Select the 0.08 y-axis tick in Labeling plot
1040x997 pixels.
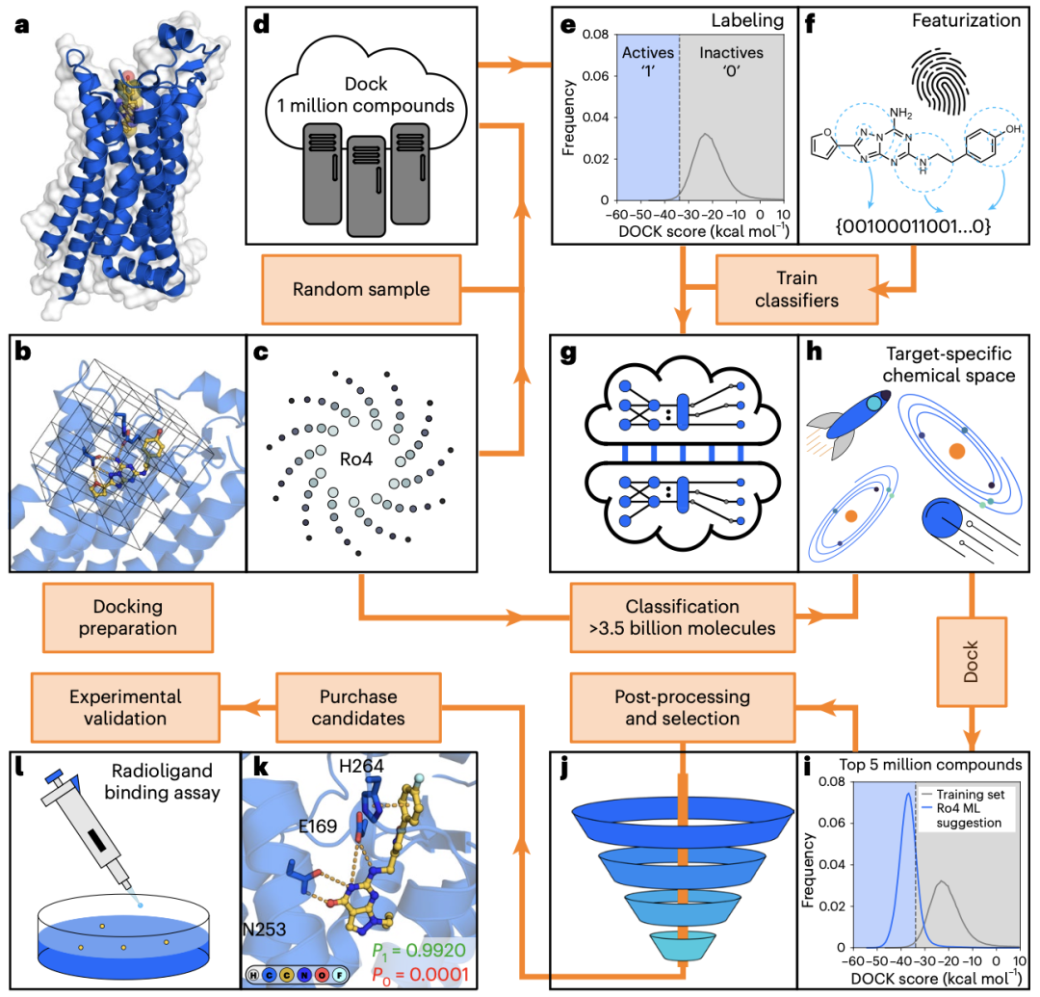coord(593,34)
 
